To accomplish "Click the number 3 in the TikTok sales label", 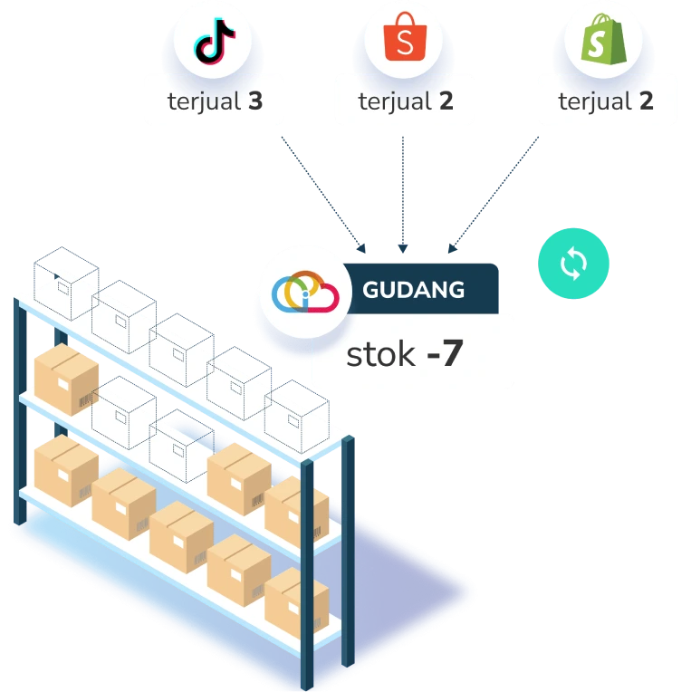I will click(254, 101).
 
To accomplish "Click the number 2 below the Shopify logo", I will click(645, 101).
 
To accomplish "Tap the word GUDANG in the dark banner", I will click(413, 290).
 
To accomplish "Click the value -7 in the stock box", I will click(445, 354).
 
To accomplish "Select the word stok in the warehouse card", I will click(380, 354).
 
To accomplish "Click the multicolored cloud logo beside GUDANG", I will click(304, 291).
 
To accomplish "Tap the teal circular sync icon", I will click(573, 264).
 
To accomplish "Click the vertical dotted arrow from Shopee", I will click(403, 190).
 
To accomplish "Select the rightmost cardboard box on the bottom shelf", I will click(297, 601).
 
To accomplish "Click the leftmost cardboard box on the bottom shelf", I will click(66, 469).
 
